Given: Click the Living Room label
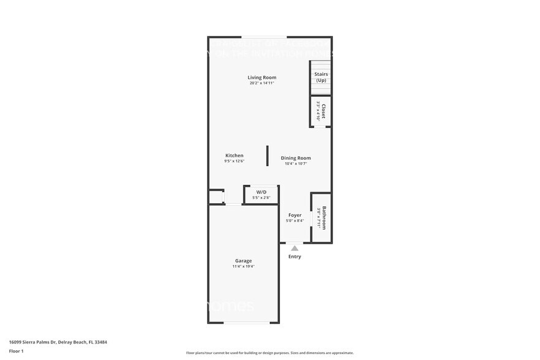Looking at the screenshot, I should pyautogui.click(x=261, y=78).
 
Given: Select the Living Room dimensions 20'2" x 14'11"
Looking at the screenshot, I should pyautogui.click(x=261, y=83).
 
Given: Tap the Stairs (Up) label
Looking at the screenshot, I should pyautogui.click(x=321, y=77).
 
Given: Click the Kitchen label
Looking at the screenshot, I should pyautogui.click(x=234, y=156).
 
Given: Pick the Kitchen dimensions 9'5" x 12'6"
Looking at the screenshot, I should pyautogui.click(x=234, y=161).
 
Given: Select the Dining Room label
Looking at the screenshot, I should pyautogui.click(x=296, y=158).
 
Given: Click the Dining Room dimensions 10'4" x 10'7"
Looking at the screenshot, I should pyautogui.click(x=296, y=163).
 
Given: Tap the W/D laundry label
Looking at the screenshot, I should pyautogui.click(x=261, y=192).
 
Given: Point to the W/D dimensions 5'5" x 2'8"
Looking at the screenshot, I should pyautogui.click(x=261, y=198).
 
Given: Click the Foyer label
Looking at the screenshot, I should pyautogui.click(x=294, y=215).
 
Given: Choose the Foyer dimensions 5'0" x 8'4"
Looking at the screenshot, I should pyautogui.click(x=294, y=220).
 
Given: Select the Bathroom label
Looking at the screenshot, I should pyautogui.click(x=324, y=217).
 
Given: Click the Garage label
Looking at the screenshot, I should pyautogui.click(x=243, y=261).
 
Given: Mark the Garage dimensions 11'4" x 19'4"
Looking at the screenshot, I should pyautogui.click(x=243, y=266).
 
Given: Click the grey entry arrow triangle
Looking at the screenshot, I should pyautogui.click(x=294, y=249).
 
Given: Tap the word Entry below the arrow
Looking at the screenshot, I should pyautogui.click(x=294, y=257).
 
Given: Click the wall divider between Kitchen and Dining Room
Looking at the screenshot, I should pyautogui.click(x=268, y=156).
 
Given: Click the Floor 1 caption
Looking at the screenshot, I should pyautogui.click(x=16, y=351).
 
